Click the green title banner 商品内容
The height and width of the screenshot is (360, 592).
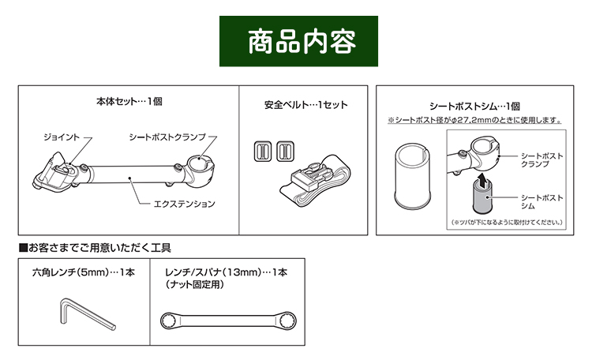[296, 39]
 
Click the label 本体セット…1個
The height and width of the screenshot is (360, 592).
[129, 102]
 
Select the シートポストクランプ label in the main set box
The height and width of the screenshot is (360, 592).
[168, 137]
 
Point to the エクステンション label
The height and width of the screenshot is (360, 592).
[184, 204]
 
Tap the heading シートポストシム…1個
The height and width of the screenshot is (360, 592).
[474, 106]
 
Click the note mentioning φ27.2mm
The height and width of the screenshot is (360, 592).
[474, 121]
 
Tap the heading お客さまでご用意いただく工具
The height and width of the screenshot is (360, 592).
[98, 248]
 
